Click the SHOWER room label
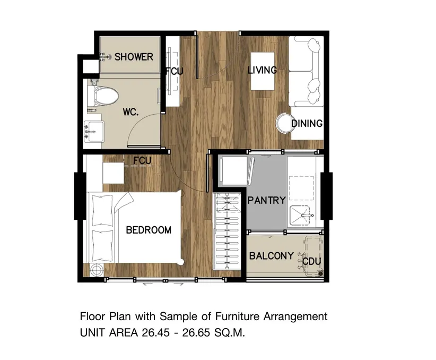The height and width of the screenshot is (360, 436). click(x=134, y=57)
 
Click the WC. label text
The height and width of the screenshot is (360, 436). click(x=130, y=112)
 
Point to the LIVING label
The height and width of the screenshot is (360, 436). click(x=262, y=70)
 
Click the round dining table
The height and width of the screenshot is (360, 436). click(x=284, y=123)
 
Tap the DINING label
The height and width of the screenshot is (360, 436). click(x=307, y=123)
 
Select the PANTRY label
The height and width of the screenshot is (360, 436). click(x=266, y=200)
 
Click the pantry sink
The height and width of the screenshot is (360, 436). click(x=300, y=215)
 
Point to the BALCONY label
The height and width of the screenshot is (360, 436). click(x=272, y=256)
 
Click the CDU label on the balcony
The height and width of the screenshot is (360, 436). click(x=311, y=261)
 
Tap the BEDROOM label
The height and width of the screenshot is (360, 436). click(x=149, y=230)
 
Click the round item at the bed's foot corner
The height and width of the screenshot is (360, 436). click(x=97, y=270)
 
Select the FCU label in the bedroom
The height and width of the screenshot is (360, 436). click(x=142, y=161)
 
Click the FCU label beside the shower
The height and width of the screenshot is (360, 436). click(x=175, y=71)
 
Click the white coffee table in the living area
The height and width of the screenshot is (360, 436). click(x=263, y=71)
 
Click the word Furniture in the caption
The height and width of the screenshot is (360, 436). click(x=238, y=316)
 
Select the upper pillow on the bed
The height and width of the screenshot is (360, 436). click(x=102, y=210)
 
